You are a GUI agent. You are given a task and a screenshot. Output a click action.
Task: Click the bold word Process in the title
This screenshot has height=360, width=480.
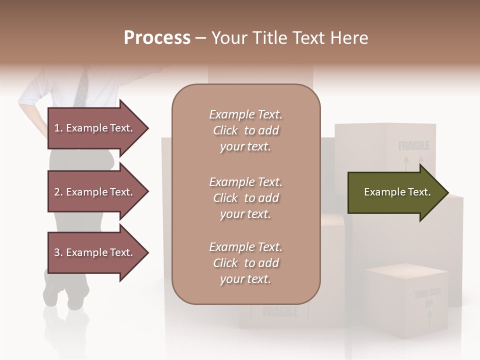157,38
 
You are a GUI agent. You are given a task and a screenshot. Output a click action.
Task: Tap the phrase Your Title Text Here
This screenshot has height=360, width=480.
290,38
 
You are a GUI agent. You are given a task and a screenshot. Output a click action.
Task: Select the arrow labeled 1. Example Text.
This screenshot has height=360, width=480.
95,128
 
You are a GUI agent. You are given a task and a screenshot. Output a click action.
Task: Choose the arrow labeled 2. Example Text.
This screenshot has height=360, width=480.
95,192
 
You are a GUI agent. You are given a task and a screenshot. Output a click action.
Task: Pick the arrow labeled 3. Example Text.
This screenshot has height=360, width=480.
95,252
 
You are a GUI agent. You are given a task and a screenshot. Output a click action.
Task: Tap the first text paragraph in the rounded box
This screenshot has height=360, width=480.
245,130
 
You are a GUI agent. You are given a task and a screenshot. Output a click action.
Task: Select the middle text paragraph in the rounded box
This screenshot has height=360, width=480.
245,198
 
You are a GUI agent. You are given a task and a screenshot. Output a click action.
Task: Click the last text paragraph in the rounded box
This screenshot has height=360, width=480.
245,263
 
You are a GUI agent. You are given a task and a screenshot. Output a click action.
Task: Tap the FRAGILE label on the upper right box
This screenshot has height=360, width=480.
413,146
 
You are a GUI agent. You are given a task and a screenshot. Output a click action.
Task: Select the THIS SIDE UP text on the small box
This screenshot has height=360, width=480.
427,298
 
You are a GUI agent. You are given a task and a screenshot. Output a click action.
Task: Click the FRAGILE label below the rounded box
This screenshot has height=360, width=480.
280,312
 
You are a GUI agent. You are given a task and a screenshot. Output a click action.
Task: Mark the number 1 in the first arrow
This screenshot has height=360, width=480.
56,128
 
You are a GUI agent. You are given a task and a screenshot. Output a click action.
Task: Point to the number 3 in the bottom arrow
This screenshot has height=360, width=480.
57,252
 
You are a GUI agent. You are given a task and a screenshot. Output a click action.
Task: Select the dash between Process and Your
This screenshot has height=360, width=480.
200,38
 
